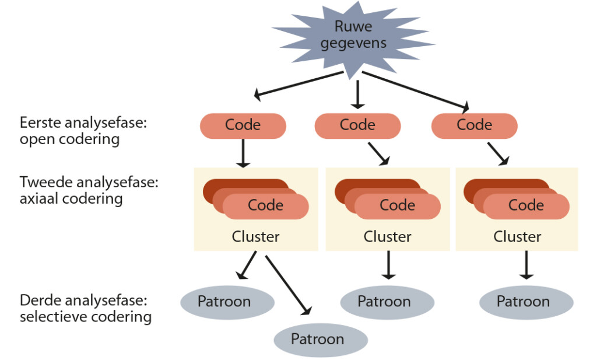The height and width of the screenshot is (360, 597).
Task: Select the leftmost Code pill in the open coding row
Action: point(243,125)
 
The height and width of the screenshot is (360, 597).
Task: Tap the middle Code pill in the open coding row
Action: point(357,125)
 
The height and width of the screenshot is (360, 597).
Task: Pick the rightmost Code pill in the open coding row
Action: point(474,125)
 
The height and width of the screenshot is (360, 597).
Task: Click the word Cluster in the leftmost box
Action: point(255,237)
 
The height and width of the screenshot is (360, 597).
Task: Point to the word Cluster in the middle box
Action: point(387,237)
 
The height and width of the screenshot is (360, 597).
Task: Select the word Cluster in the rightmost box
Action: point(517,237)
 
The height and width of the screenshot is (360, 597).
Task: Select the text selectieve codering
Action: point(85,317)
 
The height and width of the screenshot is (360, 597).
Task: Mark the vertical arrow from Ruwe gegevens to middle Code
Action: point(357,95)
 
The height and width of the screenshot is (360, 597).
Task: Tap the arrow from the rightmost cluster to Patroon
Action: point(526,264)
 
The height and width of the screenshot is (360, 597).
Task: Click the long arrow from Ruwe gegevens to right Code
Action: point(415,90)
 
